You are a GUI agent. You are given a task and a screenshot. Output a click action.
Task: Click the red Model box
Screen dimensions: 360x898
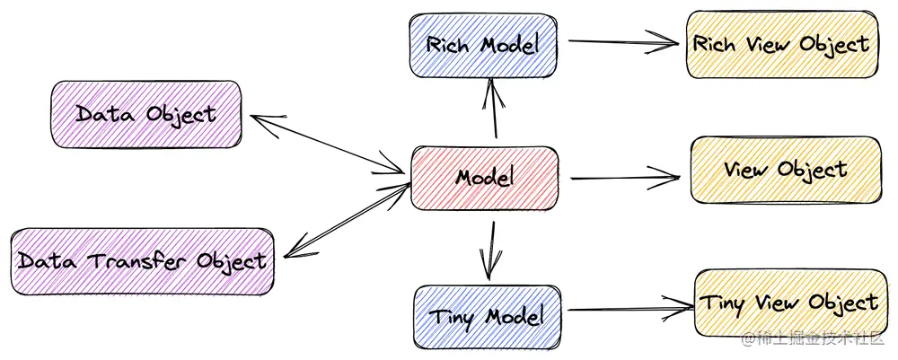485,177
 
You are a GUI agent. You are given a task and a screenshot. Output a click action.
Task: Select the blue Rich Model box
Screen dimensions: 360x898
483,45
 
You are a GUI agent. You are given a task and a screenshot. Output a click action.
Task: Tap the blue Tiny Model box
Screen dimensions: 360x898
487,316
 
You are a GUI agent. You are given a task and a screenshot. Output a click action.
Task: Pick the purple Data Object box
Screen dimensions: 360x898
146,114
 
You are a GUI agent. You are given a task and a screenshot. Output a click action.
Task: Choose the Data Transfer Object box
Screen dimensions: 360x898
142,260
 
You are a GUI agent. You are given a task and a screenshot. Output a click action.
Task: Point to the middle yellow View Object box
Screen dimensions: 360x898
785,170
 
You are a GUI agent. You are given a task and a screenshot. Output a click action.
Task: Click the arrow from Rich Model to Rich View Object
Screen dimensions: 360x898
621,41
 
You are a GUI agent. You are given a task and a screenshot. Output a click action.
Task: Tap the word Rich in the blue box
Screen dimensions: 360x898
446,45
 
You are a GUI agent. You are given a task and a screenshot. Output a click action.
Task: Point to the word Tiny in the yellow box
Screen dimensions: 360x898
723,303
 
